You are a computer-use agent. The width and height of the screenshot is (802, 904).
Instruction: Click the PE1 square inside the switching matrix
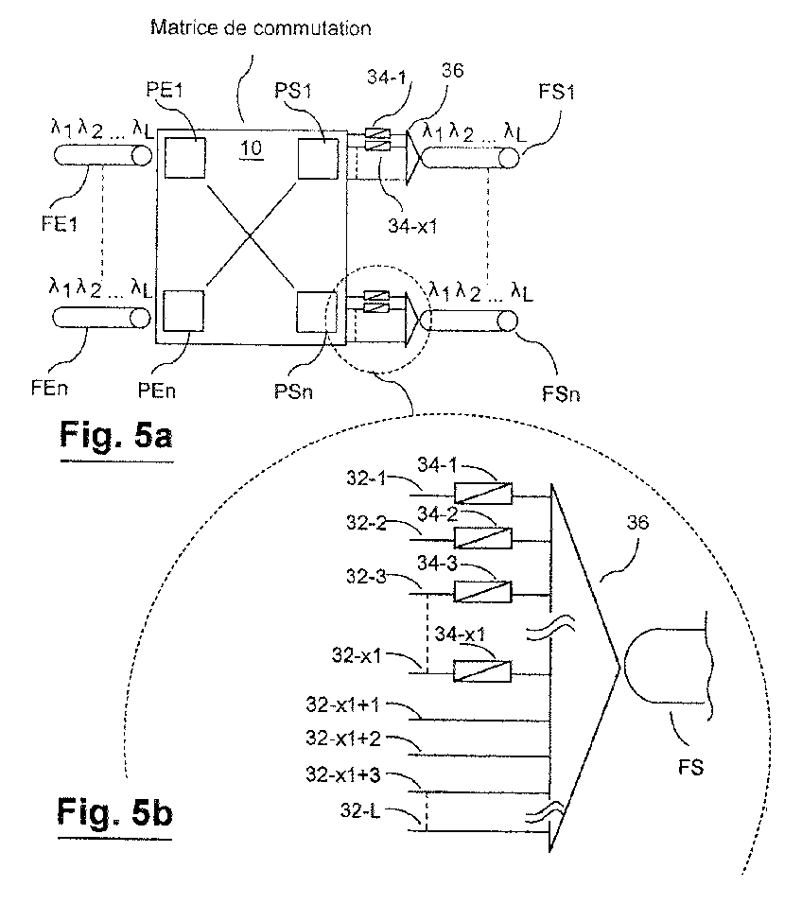point(185,157)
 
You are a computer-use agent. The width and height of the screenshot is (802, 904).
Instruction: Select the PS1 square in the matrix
point(318,159)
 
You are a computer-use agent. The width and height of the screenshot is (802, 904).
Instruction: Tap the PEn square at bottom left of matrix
point(183,311)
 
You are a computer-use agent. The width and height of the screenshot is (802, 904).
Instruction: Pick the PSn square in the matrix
point(317,312)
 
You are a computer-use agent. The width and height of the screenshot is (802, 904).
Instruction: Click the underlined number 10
point(251,149)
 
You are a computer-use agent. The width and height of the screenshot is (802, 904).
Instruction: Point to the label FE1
point(59,224)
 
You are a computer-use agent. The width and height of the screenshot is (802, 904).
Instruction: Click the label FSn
point(561,394)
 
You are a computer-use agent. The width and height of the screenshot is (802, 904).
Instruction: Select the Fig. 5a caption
point(116,435)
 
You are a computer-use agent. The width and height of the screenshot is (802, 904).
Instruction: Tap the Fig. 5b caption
point(114,812)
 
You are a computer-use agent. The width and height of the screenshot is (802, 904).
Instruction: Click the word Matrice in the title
point(183,27)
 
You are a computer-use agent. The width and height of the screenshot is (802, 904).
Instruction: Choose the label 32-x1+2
point(343,739)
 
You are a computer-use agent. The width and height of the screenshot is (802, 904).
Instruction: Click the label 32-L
point(360,810)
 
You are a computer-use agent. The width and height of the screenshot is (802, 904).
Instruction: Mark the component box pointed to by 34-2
point(483,537)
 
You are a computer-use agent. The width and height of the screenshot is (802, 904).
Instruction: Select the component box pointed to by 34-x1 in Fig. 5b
point(482,671)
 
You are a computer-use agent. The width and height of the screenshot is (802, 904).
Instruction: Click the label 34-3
point(437,563)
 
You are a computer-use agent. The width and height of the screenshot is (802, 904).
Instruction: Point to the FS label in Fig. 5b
point(690,768)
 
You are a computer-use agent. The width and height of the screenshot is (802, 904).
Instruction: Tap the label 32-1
point(366,478)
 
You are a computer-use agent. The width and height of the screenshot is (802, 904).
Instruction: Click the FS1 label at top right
point(556,92)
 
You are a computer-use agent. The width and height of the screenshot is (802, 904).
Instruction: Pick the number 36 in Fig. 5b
point(637,522)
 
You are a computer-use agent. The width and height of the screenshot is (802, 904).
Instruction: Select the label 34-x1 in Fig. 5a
point(412,226)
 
